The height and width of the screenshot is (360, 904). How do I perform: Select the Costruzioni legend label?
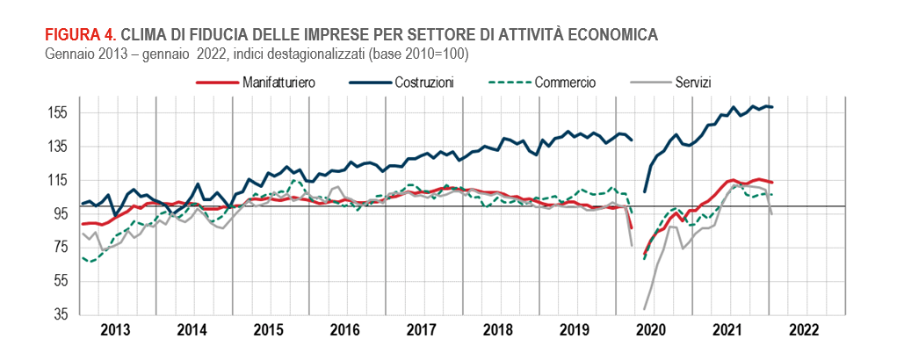pyautogui.click(x=423, y=83)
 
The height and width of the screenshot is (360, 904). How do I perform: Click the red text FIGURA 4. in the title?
pyautogui.click(x=80, y=35)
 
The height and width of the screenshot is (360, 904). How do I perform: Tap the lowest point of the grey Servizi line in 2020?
pyautogui.click(x=645, y=309)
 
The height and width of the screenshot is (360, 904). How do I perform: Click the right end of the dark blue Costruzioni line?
pyautogui.click(x=771, y=107)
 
